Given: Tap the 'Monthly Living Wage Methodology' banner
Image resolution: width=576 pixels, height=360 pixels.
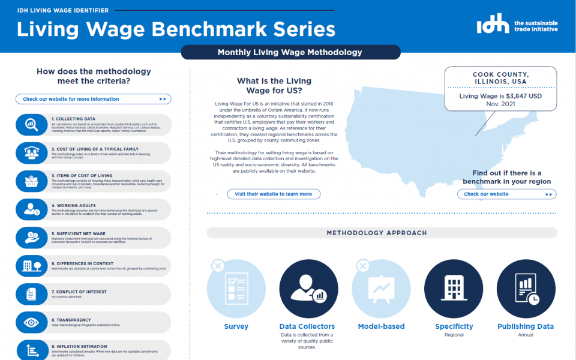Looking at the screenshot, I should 290,52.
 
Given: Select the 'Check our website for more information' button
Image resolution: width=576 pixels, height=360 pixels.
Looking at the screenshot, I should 93,99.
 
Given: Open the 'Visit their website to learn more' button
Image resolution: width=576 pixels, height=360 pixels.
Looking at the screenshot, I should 274,194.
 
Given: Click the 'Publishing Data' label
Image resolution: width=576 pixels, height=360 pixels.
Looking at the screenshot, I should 525,326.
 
